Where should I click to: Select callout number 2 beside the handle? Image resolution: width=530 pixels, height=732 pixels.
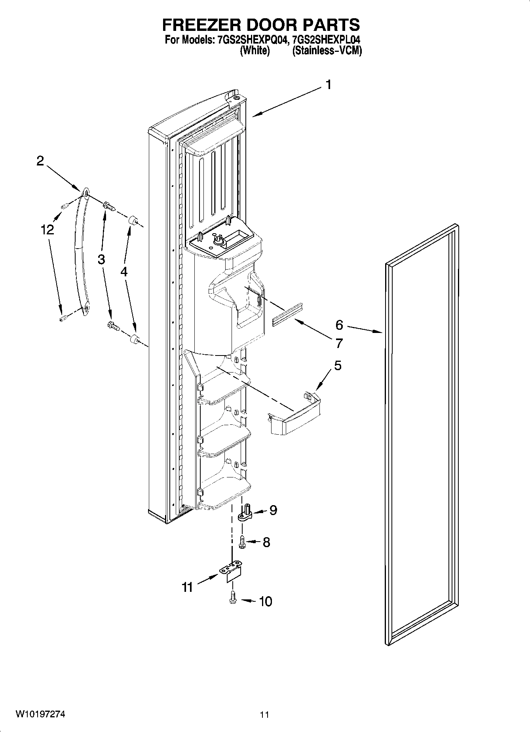point(40,161)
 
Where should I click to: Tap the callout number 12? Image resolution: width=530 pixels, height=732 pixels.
point(47,230)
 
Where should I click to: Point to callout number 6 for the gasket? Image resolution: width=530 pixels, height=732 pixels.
point(339,325)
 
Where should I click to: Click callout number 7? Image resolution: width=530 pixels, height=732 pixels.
point(339,343)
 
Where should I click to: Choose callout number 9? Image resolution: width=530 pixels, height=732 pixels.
point(273,510)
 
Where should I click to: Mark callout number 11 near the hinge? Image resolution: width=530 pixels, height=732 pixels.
point(187,587)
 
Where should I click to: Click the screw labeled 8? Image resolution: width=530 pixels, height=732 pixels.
point(243,541)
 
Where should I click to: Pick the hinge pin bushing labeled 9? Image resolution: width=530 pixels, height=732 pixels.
point(246,513)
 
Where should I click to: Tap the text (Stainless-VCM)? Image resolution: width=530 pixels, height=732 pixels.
point(327,51)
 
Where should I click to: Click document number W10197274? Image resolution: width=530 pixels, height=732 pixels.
point(40,714)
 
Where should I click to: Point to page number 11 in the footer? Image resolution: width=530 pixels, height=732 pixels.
point(264,715)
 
